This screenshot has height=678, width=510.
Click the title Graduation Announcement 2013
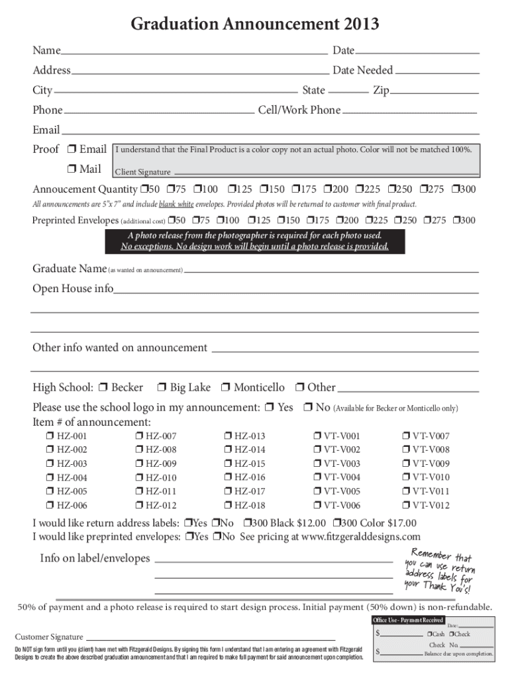click(x=255, y=24)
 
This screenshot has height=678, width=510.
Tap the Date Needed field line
click(x=436, y=72)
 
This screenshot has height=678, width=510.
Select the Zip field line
click(x=434, y=91)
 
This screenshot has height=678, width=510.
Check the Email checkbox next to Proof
click(x=72, y=150)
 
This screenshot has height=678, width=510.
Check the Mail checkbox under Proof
click(x=72, y=169)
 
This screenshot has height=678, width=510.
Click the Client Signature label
click(x=143, y=172)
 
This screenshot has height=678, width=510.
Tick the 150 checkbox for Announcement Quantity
click(x=264, y=190)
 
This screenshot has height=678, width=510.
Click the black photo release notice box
click(x=255, y=242)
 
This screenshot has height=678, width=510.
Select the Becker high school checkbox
click(x=104, y=388)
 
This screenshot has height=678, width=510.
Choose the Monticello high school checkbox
click(x=227, y=388)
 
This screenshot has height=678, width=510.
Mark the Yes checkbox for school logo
click(x=270, y=408)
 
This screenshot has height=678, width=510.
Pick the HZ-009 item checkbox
click(x=140, y=464)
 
